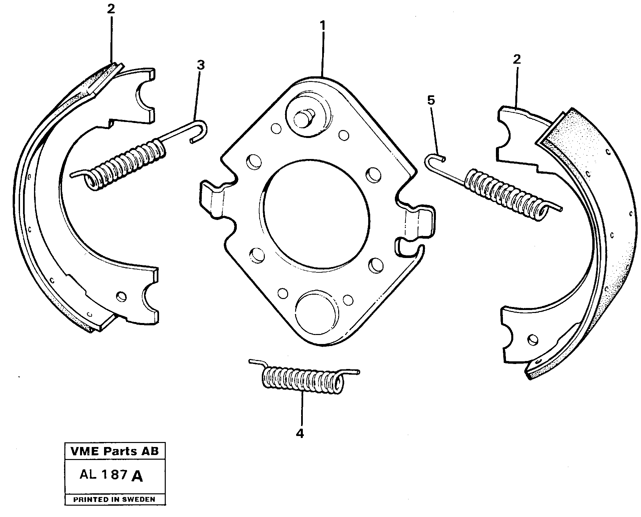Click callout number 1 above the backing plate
click(x=322, y=26)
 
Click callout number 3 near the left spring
click(x=200, y=65)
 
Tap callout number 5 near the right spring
click(x=431, y=100)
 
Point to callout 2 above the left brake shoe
click(x=111, y=9)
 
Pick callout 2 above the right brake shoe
click(x=516, y=60)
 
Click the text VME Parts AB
click(x=115, y=451)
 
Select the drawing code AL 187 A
click(x=111, y=475)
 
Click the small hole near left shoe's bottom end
click(x=122, y=296)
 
